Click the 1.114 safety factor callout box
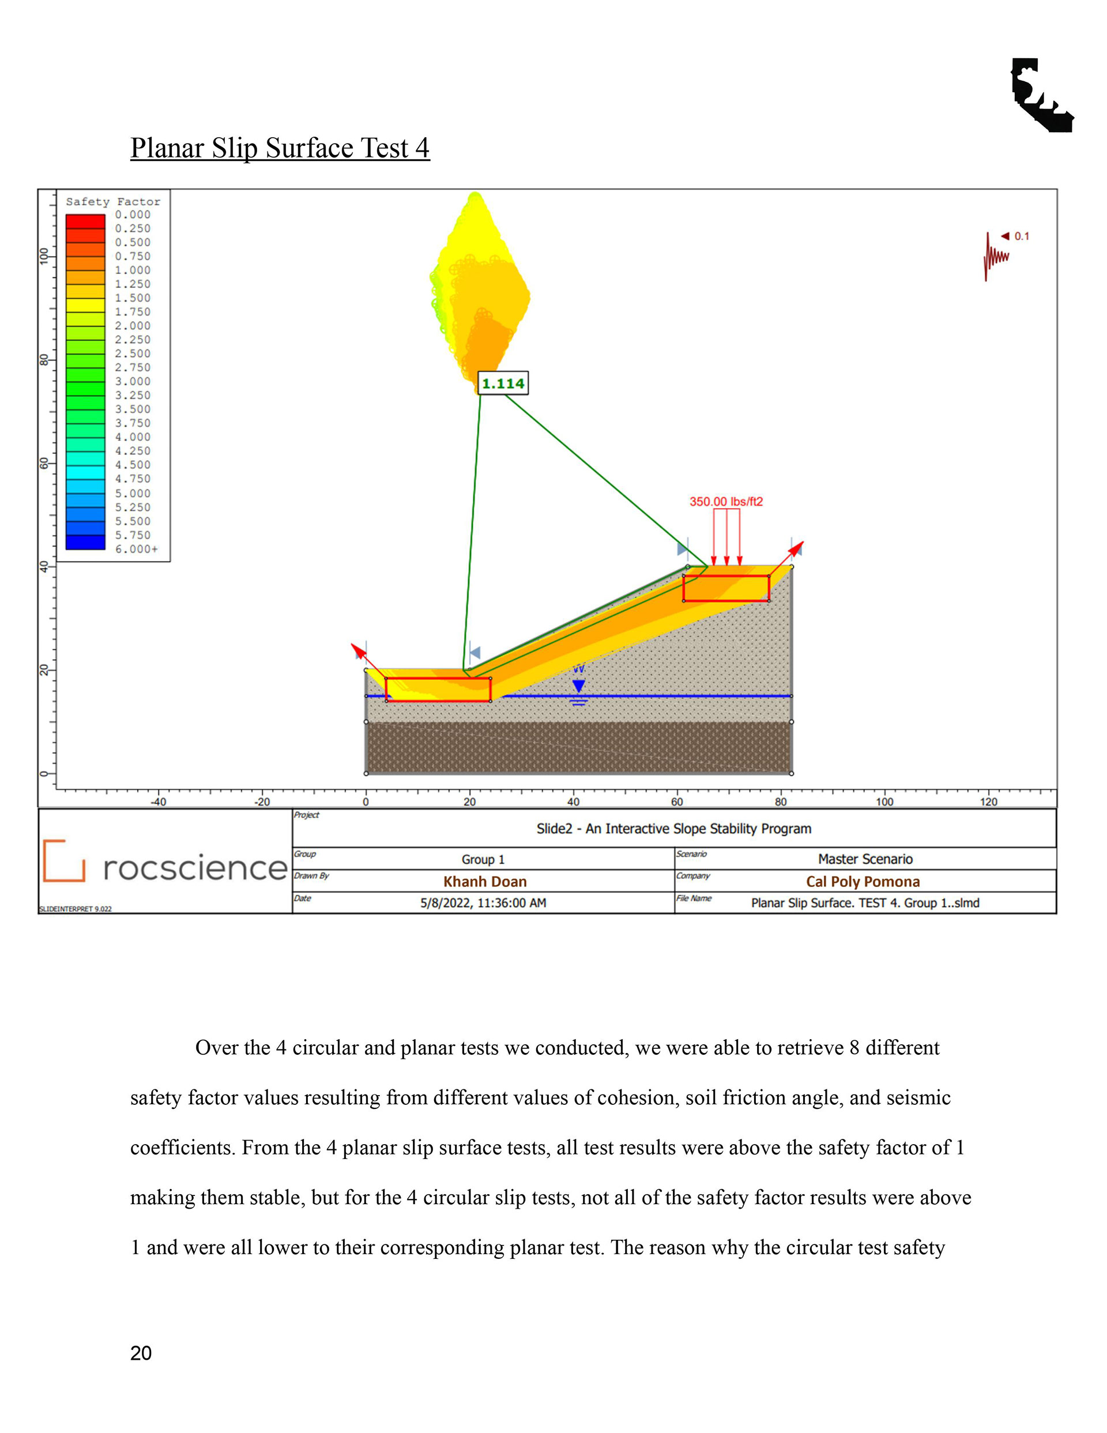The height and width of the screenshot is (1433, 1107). tap(503, 383)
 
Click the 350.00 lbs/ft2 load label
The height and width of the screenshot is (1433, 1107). tap(726, 501)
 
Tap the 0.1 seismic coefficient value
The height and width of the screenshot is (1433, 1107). tap(1022, 236)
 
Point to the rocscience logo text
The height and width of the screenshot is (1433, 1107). tap(195, 867)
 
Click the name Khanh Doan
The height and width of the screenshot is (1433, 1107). tap(485, 881)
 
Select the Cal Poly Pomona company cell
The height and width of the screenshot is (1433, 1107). tap(863, 881)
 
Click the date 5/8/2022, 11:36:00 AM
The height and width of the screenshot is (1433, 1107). tap(483, 903)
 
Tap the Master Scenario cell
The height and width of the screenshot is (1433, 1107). tap(865, 859)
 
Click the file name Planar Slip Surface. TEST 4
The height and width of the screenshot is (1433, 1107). tap(865, 903)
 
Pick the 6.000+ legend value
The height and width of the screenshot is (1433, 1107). tap(137, 549)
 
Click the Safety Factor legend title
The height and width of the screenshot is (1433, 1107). tap(113, 201)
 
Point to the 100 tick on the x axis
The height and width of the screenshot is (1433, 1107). tap(884, 801)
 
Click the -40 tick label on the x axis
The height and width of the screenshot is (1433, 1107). tap(158, 801)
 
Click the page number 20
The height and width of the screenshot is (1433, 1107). tap(141, 1353)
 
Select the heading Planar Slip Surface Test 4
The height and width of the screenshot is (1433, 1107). tap(280, 148)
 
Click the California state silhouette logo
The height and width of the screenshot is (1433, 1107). tap(1041, 96)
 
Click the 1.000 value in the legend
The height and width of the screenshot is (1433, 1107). tap(133, 270)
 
